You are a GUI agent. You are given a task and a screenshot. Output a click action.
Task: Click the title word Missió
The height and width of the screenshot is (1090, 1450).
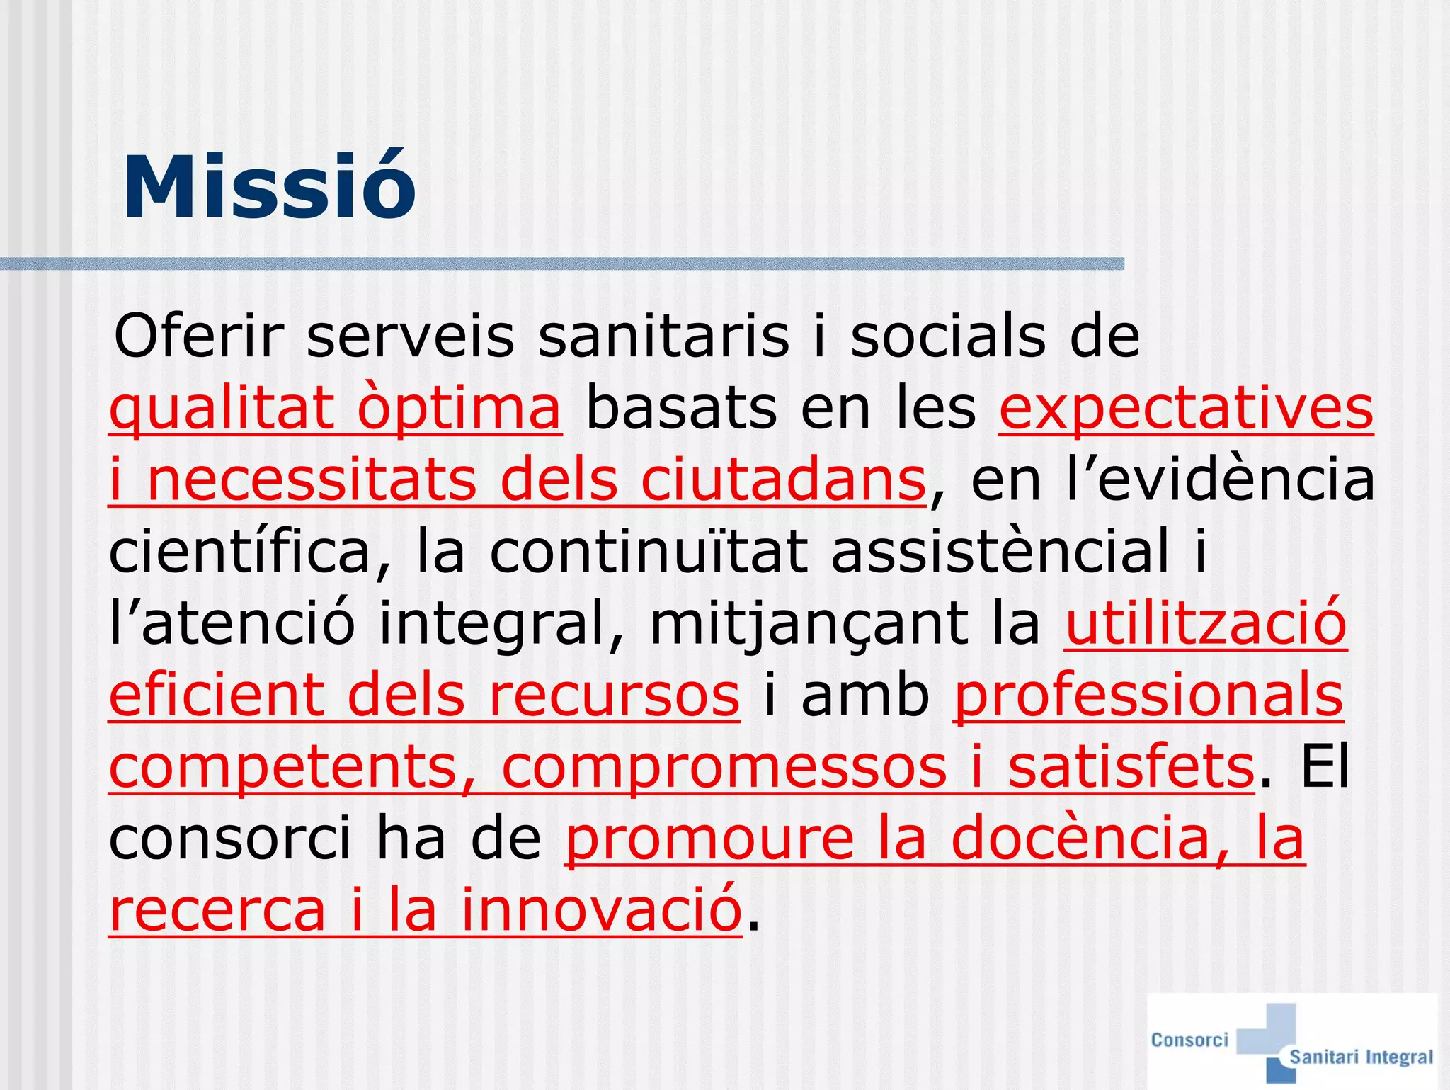(x=269, y=188)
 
